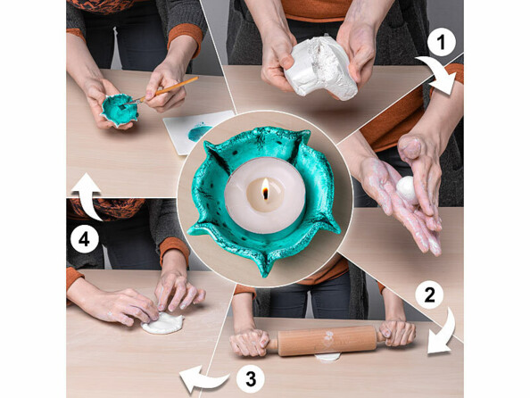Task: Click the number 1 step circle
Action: [442, 42]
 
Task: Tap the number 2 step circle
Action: [429, 294]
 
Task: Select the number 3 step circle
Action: [251, 378]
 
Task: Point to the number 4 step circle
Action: [84, 239]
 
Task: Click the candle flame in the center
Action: [265, 188]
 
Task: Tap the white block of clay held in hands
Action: [320, 69]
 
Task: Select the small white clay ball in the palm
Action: [407, 190]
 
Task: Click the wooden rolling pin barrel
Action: [327, 341]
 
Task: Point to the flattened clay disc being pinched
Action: [163, 323]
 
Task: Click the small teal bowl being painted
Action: [120, 110]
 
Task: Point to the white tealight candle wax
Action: [265, 195]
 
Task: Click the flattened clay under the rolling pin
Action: [327, 357]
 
